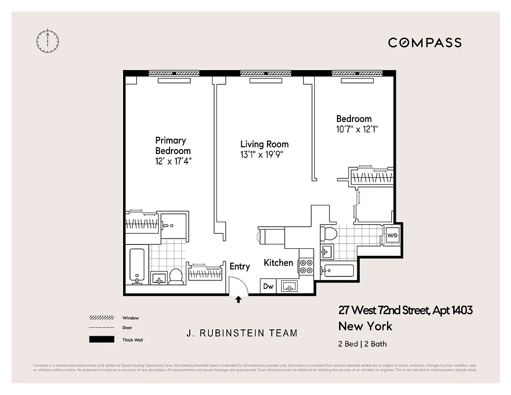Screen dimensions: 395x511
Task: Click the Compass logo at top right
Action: (425, 42)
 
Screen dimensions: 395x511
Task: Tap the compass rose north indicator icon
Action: (47, 41)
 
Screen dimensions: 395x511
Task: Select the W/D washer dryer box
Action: (392, 235)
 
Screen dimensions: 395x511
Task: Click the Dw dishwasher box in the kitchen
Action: (268, 286)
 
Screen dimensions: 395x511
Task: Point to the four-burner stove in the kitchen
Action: (306, 267)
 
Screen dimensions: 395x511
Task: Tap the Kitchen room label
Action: (278, 263)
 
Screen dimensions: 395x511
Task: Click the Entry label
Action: (240, 267)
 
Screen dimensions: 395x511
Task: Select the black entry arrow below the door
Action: (238, 299)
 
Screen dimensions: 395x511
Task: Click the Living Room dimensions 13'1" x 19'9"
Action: (264, 155)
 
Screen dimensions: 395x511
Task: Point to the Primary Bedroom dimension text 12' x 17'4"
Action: (173, 161)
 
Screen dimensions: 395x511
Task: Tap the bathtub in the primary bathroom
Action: (137, 266)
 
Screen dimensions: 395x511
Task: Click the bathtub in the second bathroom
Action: (338, 271)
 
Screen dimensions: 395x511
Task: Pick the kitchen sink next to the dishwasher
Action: (289, 286)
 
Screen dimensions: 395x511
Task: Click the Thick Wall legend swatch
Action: (101, 340)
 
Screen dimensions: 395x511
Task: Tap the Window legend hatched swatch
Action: (101, 318)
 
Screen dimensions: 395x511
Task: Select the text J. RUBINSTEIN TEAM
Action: (242, 333)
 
